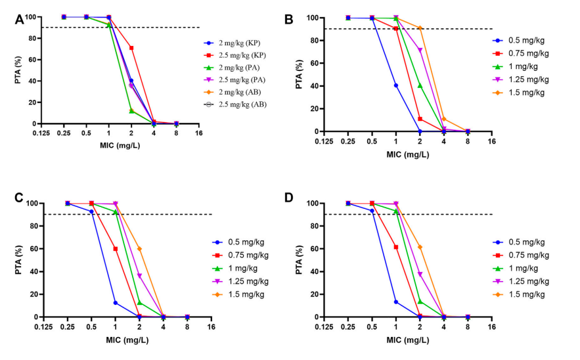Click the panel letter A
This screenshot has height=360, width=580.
[20, 19]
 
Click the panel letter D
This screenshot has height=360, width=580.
[314, 206]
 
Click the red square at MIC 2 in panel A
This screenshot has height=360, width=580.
[131, 48]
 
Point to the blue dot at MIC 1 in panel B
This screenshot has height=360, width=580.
[396, 85]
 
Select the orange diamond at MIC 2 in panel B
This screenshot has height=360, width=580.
[420, 28]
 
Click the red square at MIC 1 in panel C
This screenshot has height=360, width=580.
[115, 249]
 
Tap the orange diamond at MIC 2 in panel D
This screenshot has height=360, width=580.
[420, 247]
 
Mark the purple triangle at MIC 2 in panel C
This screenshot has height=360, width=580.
[139, 275]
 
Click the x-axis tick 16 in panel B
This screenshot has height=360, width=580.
[491, 141]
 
